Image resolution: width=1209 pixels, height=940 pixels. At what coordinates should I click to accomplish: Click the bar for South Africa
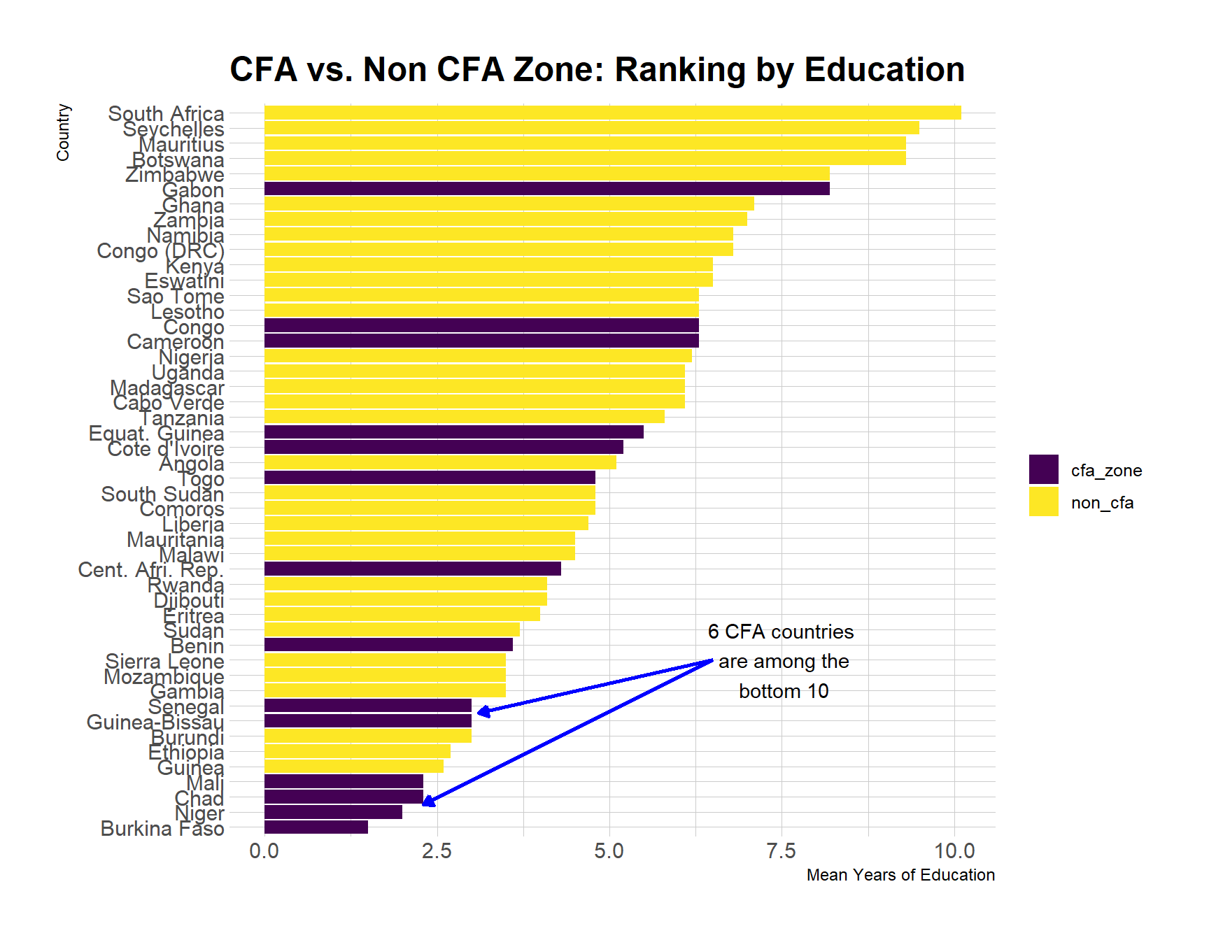pyautogui.click(x=612, y=113)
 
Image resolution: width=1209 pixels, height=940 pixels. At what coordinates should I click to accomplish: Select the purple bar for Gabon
pyautogui.click(x=546, y=189)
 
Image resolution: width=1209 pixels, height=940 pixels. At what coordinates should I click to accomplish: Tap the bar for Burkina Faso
pyautogui.click(x=316, y=827)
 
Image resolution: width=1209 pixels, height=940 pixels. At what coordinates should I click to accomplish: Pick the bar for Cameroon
pyautogui.click(x=481, y=341)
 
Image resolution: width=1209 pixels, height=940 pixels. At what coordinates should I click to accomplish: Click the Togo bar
pyautogui.click(x=430, y=478)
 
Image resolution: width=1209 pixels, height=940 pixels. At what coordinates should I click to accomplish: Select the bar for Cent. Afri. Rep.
pyautogui.click(x=413, y=569)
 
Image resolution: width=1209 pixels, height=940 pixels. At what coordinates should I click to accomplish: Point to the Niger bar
pyautogui.click(x=333, y=812)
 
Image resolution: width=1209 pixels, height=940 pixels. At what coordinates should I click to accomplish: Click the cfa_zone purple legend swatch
pyautogui.click(x=1043, y=469)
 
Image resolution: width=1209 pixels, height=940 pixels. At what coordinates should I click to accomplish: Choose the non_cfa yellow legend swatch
pyautogui.click(x=1043, y=501)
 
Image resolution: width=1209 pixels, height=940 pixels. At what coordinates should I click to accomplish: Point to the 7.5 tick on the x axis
pyautogui.click(x=782, y=851)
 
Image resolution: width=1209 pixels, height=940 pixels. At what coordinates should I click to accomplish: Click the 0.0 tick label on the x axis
pyautogui.click(x=264, y=851)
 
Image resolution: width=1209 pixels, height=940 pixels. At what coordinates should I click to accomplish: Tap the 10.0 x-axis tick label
pyautogui.click(x=954, y=851)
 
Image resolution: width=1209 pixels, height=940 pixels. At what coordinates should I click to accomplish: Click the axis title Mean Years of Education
pyautogui.click(x=900, y=875)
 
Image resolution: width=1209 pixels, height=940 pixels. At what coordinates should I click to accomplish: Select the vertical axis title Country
pyautogui.click(x=63, y=132)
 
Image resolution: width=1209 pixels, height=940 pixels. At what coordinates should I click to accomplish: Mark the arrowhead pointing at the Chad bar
pyautogui.click(x=427, y=802)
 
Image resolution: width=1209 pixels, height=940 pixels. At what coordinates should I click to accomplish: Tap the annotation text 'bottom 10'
pyautogui.click(x=783, y=691)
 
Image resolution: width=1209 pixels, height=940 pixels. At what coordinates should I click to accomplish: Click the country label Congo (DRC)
pyautogui.click(x=160, y=250)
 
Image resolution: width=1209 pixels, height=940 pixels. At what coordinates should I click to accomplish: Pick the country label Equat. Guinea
pyautogui.click(x=156, y=434)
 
